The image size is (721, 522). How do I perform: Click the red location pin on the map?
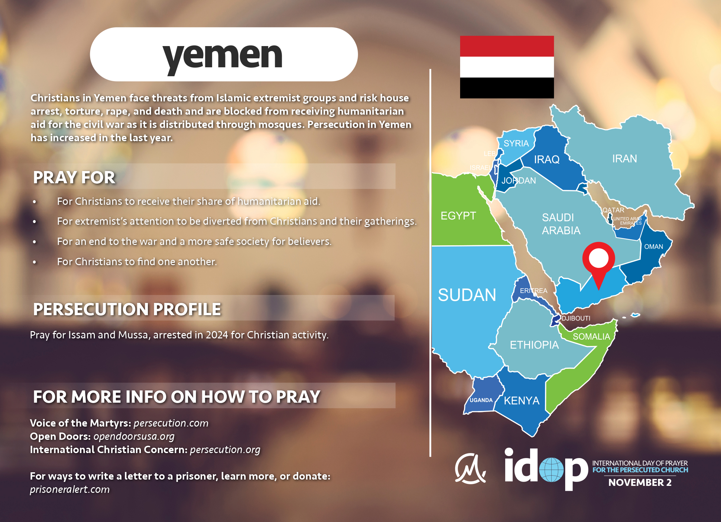tap(599, 262)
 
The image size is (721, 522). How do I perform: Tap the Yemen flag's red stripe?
tap(507, 46)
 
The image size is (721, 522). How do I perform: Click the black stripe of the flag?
tap(507, 88)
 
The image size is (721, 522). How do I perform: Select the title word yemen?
tap(222, 57)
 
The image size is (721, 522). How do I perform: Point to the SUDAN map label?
tap(467, 295)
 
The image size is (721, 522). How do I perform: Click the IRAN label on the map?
tap(625, 158)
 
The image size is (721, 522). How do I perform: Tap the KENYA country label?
tap(521, 400)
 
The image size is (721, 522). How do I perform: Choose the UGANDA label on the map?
tap(481, 400)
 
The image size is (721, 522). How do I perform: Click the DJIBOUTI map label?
tap(576, 318)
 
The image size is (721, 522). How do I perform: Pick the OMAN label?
tap(653, 247)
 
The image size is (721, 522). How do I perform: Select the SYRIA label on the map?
tap(516, 143)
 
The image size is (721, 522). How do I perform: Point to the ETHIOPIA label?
tap(534, 345)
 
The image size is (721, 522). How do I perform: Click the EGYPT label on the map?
tap(458, 216)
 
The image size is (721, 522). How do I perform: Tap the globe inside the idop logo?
tap(551, 470)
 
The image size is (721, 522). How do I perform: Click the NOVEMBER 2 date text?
tap(640, 483)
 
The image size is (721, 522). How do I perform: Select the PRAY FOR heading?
tap(74, 177)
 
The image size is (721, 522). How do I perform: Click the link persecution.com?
tap(171, 423)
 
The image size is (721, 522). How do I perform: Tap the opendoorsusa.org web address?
tap(134, 436)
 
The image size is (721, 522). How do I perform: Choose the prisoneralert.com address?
tap(70, 490)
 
